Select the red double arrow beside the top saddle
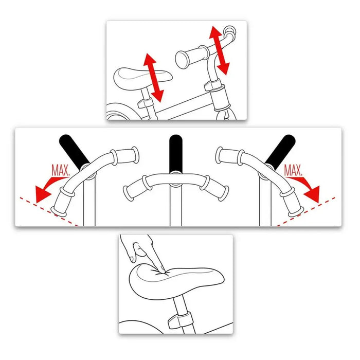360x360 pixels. (153, 77)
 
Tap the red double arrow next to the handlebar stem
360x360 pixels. (220, 50)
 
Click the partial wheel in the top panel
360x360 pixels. (117, 113)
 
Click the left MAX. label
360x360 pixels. (61, 169)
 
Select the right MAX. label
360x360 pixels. (294, 169)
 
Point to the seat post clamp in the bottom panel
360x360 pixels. (176, 320)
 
